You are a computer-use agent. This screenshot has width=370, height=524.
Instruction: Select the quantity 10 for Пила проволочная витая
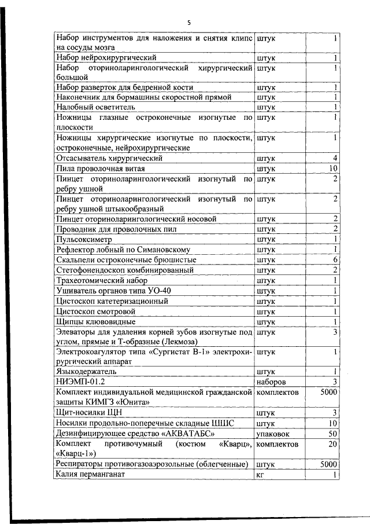[332, 168]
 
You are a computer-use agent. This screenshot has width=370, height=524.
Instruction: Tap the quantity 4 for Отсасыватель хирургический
[335, 158]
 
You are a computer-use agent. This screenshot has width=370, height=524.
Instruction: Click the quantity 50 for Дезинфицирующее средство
[332, 433]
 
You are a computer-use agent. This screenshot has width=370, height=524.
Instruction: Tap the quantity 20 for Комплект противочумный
[332, 444]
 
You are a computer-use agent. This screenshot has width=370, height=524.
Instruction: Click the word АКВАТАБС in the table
[189, 433]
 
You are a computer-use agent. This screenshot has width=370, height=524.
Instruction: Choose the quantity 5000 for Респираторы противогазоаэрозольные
[328, 464]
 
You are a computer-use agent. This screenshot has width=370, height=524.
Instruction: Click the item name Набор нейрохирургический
[106, 57]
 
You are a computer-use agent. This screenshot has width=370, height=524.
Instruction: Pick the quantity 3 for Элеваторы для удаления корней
[335, 332]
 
